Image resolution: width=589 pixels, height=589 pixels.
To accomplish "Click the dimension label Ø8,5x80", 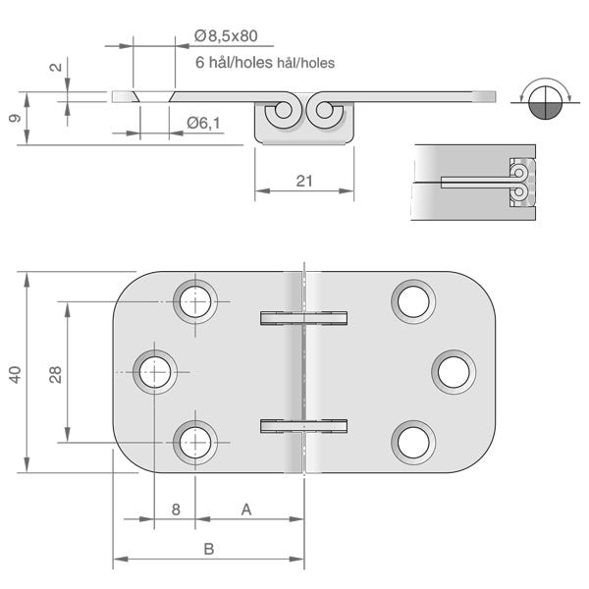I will [226, 36].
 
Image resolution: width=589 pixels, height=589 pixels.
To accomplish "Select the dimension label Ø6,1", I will [203, 121].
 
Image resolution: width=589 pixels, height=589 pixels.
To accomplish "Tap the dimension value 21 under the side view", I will [303, 180].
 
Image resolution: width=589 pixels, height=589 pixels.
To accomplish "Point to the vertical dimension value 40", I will [14, 373].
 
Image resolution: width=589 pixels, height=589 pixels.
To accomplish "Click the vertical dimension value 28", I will [56, 373].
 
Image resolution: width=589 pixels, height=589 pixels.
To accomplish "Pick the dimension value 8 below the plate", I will [175, 509].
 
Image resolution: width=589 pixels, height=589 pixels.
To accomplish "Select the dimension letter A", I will [246, 509].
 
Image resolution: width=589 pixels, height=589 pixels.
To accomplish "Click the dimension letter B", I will [208, 549].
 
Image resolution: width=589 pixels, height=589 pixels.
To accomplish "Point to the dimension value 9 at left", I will [12, 118].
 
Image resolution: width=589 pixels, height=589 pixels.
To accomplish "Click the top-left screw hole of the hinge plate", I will [195, 300].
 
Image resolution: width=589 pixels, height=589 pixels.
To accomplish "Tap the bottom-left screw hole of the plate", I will [195, 442].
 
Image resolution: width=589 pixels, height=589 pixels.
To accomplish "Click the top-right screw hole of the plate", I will [413, 300].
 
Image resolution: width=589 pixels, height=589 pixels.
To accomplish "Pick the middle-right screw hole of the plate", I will [454, 371].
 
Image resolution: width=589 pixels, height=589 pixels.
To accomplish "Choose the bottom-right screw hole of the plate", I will [413, 442].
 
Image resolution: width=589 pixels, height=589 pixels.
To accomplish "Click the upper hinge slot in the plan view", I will [304, 317].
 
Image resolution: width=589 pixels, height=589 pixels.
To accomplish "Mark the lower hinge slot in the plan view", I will [304, 425].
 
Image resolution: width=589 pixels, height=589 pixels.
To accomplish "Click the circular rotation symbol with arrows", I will [544, 100].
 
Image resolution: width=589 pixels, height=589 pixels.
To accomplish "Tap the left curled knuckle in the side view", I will [284, 113].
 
